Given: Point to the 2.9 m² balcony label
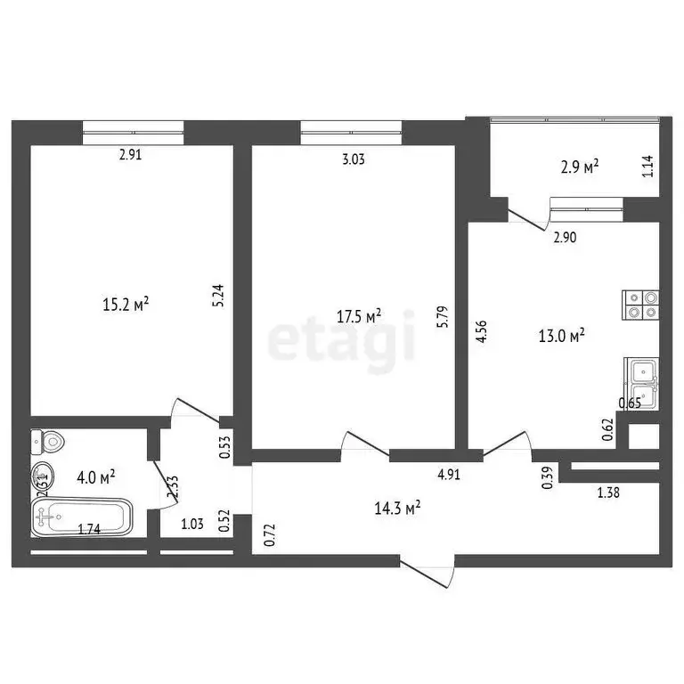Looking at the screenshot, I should tap(578, 166).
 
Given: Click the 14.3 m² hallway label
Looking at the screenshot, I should tap(399, 509).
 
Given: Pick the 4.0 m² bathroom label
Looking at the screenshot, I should tap(94, 477).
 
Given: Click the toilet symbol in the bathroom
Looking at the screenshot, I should tap(47, 441).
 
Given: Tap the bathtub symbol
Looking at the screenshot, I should tap(81, 516).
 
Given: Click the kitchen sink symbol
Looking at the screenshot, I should tap(642, 384).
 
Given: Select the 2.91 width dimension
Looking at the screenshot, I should tap(131, 153).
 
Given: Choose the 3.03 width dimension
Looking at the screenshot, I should tap(354, 159).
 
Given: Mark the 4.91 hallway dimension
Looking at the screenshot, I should tap(447, 475).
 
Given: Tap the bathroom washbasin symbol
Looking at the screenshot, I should tap(42, 476).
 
